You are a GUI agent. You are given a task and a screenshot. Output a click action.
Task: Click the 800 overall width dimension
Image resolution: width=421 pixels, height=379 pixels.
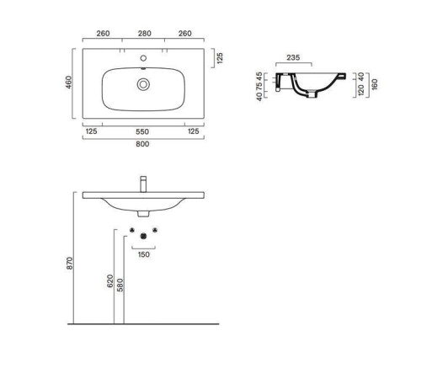click(142, 144)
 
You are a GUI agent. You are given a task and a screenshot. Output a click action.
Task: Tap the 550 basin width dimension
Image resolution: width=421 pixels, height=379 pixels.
click(142, 131)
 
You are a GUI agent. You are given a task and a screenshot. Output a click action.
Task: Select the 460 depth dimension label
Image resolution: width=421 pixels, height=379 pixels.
click(69, 83)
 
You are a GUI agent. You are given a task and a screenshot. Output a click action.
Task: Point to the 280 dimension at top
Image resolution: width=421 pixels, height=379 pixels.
click(145, 34)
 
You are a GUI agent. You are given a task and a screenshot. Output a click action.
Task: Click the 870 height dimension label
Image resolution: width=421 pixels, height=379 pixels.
click(70, 264)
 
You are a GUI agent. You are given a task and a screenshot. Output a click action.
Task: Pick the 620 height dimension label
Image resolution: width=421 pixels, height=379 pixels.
click(110, 281)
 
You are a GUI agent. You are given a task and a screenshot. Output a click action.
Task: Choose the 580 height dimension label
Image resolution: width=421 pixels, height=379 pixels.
click(120, 285)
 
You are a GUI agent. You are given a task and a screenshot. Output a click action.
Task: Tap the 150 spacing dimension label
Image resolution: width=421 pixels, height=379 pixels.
click(144, 254)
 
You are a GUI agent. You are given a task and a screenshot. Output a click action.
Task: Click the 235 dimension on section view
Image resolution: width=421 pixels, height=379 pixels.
click(293, 57)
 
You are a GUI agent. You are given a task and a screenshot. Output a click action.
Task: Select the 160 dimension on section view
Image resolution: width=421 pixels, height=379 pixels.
click(375, 84)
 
